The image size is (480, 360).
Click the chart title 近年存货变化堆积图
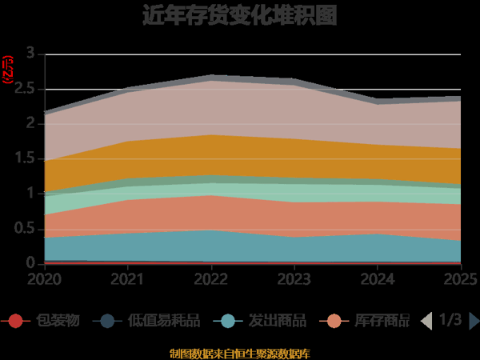click(x=240, y=15)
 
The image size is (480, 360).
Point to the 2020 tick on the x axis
click(x=44, y=278)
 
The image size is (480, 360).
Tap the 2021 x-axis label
click(x=128, y=278)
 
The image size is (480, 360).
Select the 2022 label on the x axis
click(x=211, y=278)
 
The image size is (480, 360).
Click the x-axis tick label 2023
click(x=294, y=278)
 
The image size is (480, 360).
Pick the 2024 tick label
click(x=378, y=278)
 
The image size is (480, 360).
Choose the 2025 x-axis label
click(x=460, y=278)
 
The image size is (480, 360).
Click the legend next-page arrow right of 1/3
click(x=474, y=321)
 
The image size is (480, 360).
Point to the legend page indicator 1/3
click(x=450, y=321)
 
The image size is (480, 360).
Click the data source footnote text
click(x=240, y=353)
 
